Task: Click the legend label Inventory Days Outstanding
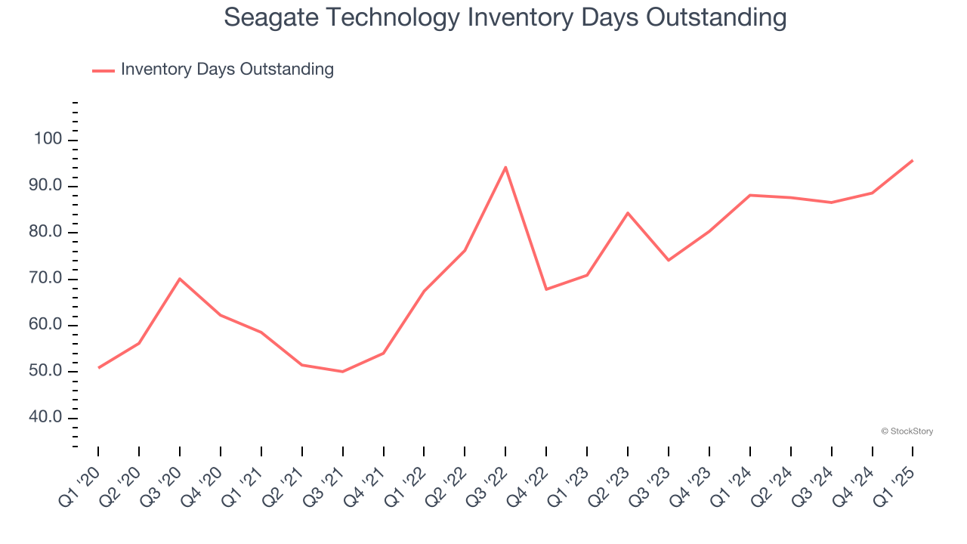(227, 70)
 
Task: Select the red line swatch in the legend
(103, 70)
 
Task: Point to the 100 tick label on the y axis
(47, 140)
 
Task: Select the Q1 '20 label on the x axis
(79, 483)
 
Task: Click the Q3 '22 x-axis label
(487, 483)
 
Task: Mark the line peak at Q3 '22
(505, 167)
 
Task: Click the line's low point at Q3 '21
(342, 371)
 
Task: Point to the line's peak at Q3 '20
(180, 279)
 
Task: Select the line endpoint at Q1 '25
(913, 160)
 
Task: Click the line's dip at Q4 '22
(546, 289)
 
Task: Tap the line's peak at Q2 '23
(628, 213)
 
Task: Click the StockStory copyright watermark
(907, 431)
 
